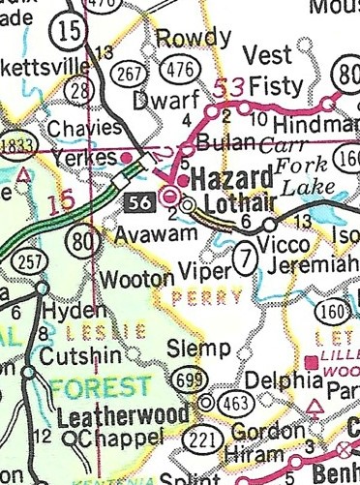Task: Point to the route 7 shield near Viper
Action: (249, 258)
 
